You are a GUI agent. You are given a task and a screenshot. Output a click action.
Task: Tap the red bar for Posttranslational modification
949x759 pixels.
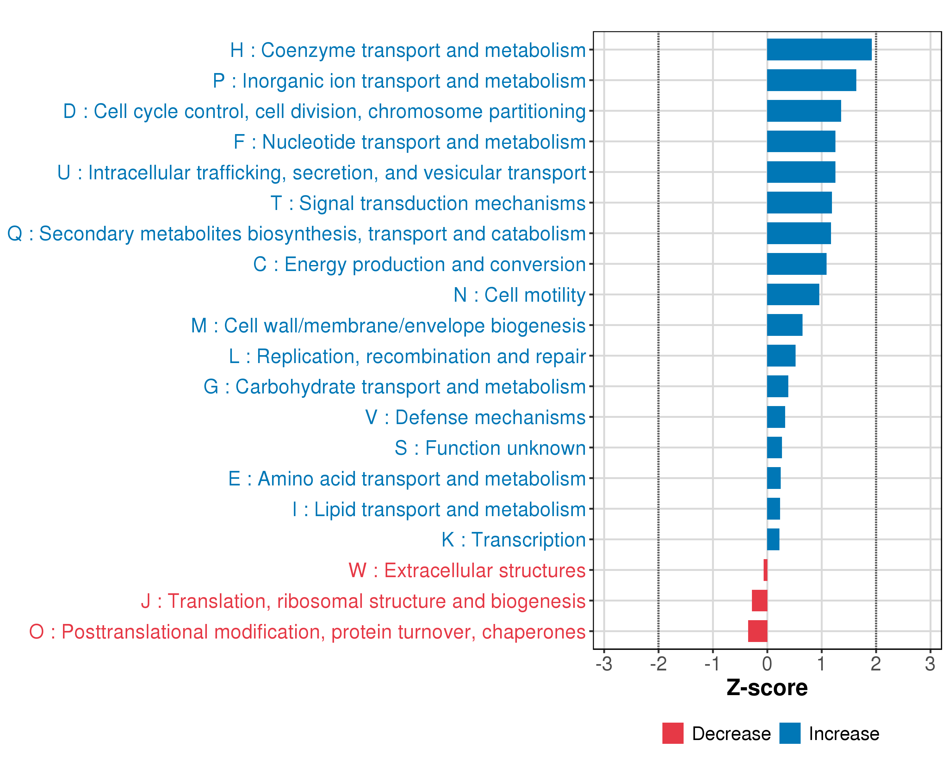tap(758, 631)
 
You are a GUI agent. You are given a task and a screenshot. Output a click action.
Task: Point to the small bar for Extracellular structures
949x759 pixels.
tap(766, 570)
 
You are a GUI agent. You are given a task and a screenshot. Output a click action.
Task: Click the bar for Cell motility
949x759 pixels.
tap(793, 294)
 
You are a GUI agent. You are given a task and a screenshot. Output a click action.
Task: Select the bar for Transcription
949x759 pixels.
tap(773, 540)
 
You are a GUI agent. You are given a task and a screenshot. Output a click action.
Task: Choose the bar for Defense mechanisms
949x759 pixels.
tap(776, 417)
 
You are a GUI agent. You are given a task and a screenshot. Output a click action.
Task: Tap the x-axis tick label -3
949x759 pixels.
tap(604, 664)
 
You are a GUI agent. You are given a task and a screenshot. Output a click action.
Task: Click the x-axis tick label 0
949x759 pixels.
tap(767, 664)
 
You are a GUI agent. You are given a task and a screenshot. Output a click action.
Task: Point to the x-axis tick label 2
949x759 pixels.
tap(876, 664)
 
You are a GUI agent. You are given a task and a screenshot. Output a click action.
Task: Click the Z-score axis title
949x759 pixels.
tap(767, 688)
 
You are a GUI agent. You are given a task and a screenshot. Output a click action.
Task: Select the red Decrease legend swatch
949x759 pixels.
tap(673, 733)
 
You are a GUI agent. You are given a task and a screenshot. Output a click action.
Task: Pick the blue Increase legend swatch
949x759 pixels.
tap(790, 733)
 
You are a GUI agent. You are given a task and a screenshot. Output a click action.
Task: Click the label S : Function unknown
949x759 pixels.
tap(490, 448)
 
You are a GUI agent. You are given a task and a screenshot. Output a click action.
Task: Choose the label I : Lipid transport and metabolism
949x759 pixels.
tap(439, 509)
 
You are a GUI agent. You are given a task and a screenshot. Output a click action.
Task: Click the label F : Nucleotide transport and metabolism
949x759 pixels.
tap(409, 142)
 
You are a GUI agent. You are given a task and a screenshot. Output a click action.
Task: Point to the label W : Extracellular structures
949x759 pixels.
tap(467, 570)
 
